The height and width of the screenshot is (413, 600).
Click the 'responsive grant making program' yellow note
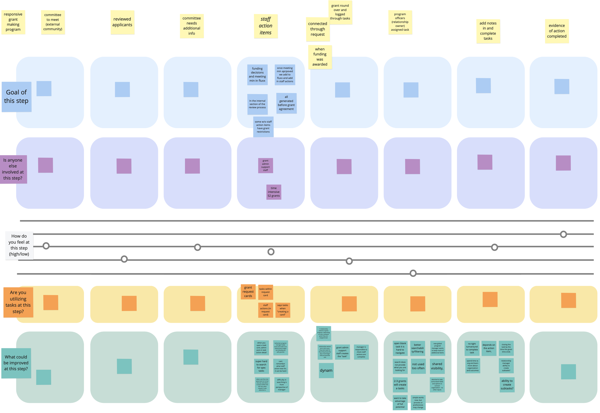pos(13,22)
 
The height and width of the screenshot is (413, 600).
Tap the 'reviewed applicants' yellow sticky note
pos(122,22)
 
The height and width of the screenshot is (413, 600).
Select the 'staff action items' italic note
pos(266,26)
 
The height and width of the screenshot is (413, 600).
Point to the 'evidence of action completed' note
pos(557,31)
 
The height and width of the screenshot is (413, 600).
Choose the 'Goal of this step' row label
pos(17,97)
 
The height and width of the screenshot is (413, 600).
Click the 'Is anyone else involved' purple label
pos(13,169)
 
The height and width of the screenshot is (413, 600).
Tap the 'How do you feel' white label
pos(19,245)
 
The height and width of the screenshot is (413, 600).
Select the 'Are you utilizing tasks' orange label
pos(18,302)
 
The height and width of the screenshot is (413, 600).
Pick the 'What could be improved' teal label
pos(16,363)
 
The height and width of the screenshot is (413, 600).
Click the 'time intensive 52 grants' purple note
pos(274,192)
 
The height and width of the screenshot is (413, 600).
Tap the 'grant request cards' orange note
pos(248,292)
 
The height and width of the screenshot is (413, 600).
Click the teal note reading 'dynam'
pos(326,370)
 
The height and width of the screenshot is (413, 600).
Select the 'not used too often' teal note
pos(418,366)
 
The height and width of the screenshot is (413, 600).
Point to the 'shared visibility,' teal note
pos(437,366)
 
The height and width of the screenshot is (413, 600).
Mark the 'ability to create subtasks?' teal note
pos(507,385)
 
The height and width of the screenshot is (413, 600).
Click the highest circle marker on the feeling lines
pos(563,234)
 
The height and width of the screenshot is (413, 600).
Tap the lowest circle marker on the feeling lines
pos(413,273)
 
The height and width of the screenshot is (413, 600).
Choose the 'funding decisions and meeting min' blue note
pos(257,75)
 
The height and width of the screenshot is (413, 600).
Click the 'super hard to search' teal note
pos(261,366)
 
